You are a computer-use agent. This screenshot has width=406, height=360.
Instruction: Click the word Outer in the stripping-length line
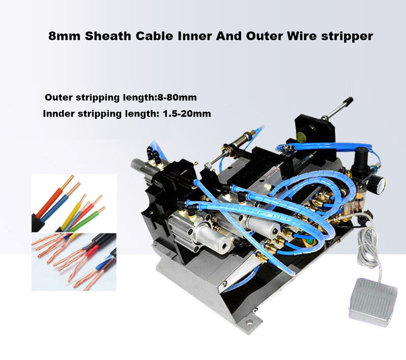[58, 97]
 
